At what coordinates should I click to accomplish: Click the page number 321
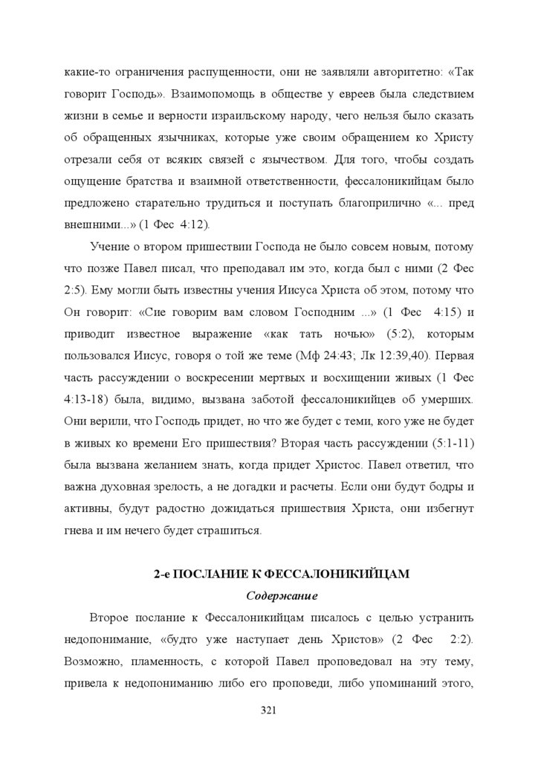pyautogui.click(x=269, y=711)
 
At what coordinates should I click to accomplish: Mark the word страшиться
pyautogui.click(x=230, y=531)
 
